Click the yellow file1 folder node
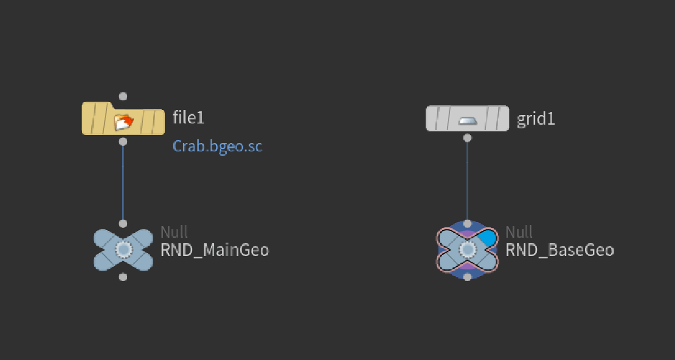click(123, 119)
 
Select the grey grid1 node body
click(468, 119)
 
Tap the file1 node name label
click(188, 117)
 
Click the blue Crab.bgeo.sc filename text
click(217, 147)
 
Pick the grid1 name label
click(536, 119)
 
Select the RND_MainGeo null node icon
click(123, 250)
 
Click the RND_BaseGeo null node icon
click(468, 250)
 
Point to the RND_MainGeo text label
click(215, 250)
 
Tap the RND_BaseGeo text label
click(559, 250)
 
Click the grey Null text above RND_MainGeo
click(175, 232)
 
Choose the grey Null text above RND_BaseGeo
click(519, 232)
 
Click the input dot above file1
click(123, 96)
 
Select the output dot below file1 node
click(123, 142)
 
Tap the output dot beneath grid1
click(468, 138)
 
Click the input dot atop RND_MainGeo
click(123, 224)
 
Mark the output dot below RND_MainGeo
click(123, 277)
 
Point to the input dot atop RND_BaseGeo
click(468, 224)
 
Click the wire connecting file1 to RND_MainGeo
click(123, 182)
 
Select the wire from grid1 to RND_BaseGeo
click(468, 181)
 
